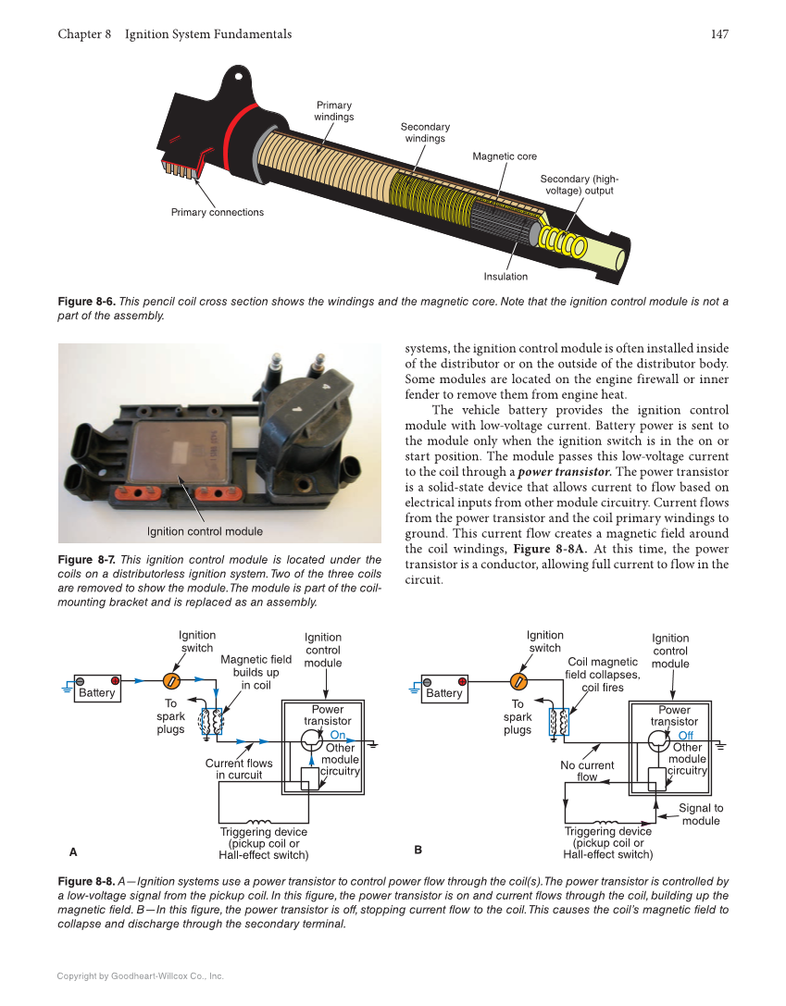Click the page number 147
point(719,34)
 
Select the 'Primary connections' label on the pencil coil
point(217,213)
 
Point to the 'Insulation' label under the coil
point(505,277)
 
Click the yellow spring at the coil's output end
point(564,242)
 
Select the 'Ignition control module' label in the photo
point(205,531)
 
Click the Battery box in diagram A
point(96,692)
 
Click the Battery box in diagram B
point(443,692)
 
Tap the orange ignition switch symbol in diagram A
point(171,682)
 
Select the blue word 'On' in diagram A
point(337,735)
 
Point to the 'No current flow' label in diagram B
point(587,771)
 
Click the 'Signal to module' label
point(701,814)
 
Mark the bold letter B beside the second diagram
point(418,849)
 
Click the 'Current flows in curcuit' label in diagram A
point(239,769)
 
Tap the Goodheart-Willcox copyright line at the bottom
point(141,975)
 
